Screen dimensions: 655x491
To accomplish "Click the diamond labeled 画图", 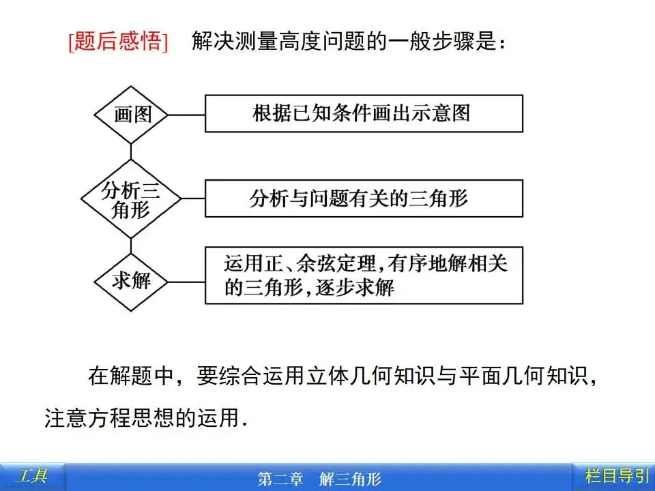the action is [x=132, y=114].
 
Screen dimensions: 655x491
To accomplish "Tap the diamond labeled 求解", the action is [x=131, y=280].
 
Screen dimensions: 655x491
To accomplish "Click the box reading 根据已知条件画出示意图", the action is [x=364, y=113].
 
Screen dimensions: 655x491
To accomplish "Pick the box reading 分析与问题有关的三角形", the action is [x=364, y=198].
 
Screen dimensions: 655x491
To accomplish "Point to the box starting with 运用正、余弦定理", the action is [x=364, y=276].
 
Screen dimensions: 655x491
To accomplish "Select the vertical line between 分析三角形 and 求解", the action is [x=131, y=243].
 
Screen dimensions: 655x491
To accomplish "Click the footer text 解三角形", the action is [x=349, y=479].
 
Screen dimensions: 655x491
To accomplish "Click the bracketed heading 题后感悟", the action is [x=118, y=42].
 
